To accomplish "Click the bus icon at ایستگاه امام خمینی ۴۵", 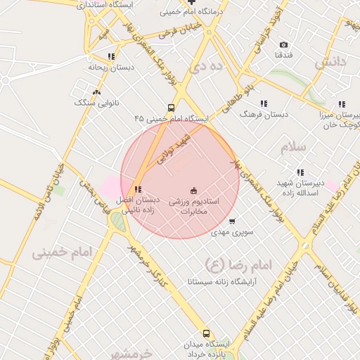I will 172,108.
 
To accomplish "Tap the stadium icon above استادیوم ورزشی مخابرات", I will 194,191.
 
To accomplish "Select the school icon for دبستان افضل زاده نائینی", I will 138,189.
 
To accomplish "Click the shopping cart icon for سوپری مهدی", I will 232,221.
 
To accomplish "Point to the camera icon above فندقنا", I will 284,44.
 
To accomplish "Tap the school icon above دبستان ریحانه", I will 111,56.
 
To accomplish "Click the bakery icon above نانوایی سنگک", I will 96,91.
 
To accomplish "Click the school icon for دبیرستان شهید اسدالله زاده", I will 300,172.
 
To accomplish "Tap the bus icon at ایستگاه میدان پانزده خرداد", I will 206,333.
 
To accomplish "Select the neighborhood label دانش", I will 330,63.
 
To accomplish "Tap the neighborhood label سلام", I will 293,148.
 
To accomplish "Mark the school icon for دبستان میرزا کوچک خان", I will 342,105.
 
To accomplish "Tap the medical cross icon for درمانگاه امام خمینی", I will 192,2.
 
